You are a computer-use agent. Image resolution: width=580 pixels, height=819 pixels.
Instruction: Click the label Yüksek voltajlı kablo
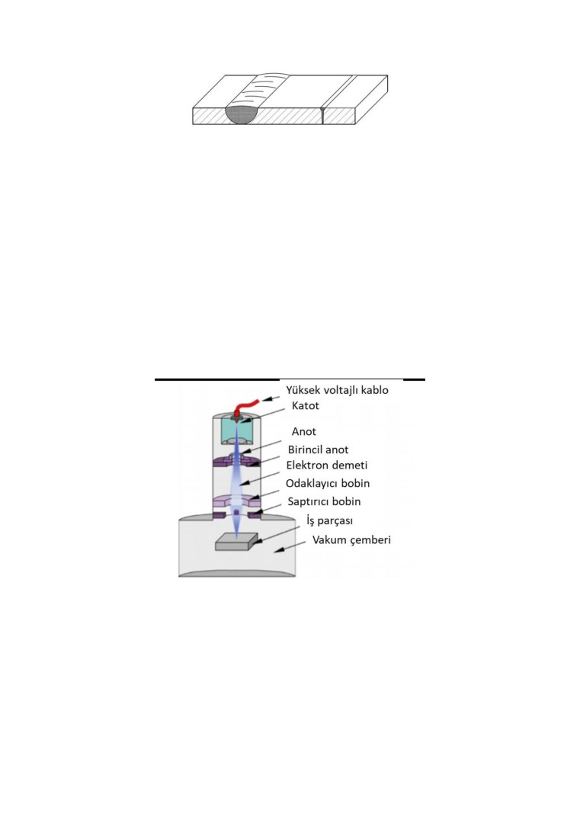[x=337, y=390]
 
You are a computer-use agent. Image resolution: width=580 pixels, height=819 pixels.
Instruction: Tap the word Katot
[x=305, y=406]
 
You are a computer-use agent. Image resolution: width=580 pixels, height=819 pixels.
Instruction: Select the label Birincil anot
[x=319, y=449]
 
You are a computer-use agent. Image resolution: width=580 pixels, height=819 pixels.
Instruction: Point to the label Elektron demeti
[x=326, y=465]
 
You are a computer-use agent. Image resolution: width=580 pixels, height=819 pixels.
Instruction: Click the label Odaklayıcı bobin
[x=328, y=484]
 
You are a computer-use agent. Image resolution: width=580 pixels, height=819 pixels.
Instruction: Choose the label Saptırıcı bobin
[x=324, y=502]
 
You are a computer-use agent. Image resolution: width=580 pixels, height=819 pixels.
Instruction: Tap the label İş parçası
[x=330, y=521]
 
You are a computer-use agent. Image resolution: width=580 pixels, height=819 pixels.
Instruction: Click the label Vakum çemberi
[x=351, y=540]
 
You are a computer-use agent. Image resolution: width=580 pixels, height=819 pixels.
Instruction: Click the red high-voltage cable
[x=245, y=406]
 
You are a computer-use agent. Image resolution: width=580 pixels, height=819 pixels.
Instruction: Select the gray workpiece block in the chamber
[x=237, y=542]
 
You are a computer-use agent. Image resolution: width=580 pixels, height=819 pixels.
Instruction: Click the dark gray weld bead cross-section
[x=243, y=114]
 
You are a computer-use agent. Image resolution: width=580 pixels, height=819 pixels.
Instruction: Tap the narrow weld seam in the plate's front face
[x=322, y=116]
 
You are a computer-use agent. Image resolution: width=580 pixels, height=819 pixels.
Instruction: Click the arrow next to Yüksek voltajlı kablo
[x=271, y=398]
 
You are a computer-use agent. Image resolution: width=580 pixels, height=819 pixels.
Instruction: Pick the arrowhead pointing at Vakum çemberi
[x=279, y=549]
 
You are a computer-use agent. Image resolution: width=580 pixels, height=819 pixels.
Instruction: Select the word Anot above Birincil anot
[x=304, y=432]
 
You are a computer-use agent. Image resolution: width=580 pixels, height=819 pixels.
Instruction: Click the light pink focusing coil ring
[x=237, y=501]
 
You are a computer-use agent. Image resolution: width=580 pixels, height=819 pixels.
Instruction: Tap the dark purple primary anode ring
[x=237, y=462]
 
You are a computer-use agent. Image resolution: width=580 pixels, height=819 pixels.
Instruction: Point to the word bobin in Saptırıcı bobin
[x=347, y=502]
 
